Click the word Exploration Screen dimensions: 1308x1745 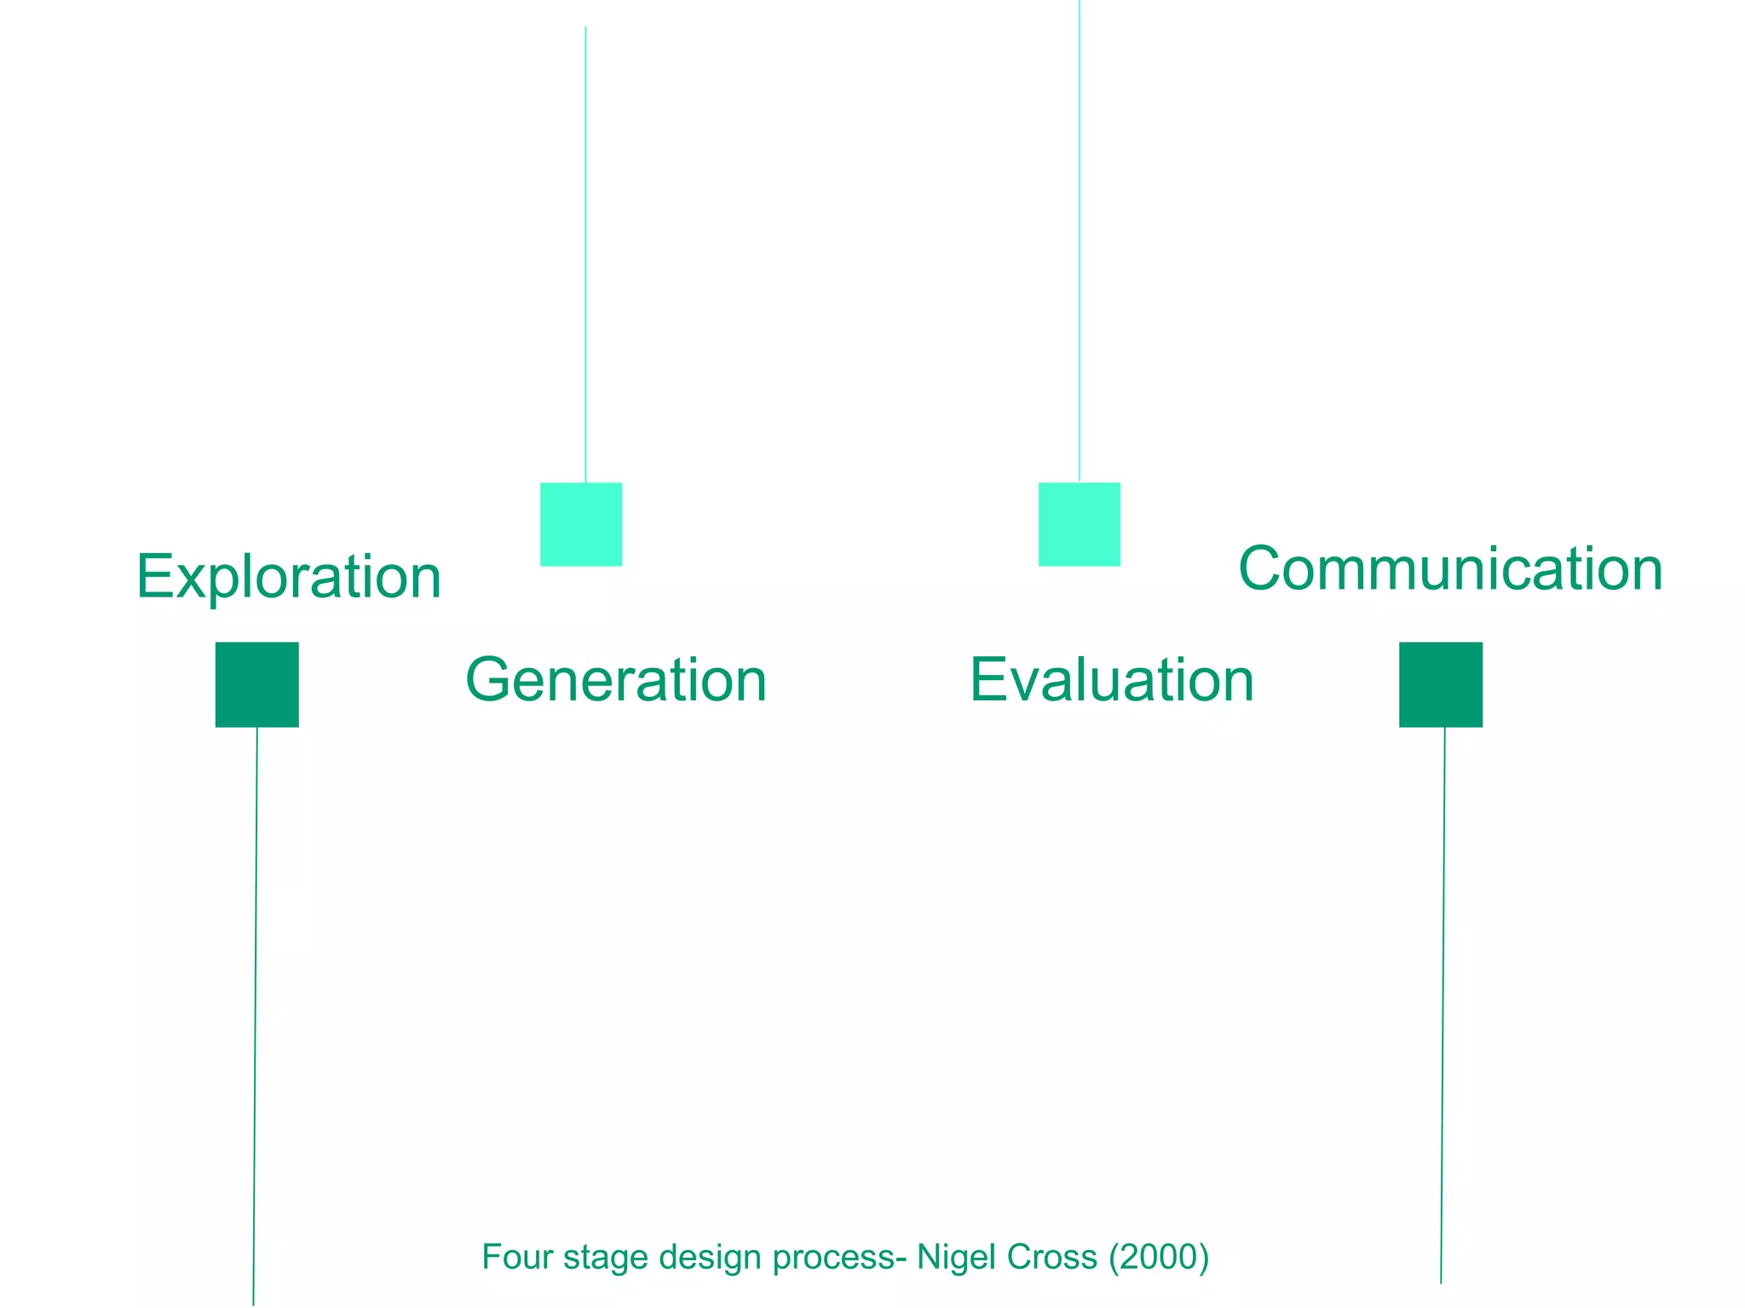(289, 577)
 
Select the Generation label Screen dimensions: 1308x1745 (616, 680)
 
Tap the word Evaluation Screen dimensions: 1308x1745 (1112, 680)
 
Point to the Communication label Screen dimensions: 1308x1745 (1450, 568)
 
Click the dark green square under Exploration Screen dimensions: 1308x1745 (257, 684)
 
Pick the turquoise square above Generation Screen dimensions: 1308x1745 (581, 524)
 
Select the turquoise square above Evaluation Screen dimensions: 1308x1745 (1080, 524)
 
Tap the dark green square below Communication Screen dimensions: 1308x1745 (1441, 684)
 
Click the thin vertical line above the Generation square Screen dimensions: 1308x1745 (585, 256)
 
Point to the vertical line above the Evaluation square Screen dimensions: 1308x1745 (1080, 239)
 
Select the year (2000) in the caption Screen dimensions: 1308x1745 (1159, 1258)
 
